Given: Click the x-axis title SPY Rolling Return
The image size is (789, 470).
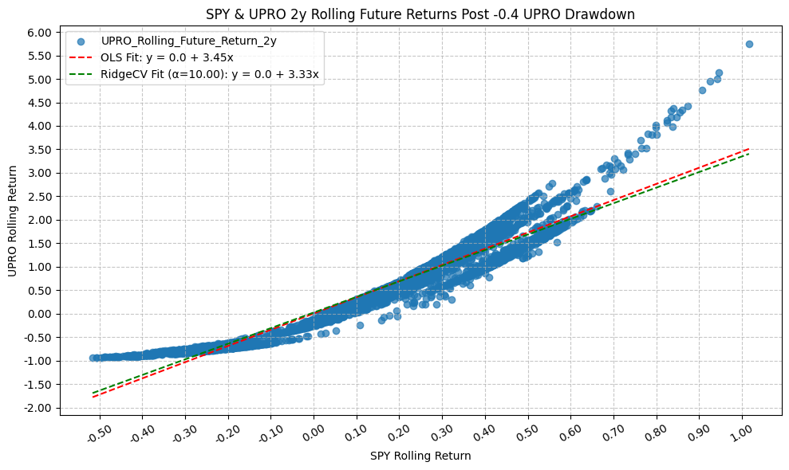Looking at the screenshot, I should click(420, 456).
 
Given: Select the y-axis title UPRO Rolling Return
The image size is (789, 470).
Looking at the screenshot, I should click(12, 221).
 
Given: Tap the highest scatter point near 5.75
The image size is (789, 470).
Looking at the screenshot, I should click(749, 44).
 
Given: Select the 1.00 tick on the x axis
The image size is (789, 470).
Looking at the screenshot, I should click(741, 434).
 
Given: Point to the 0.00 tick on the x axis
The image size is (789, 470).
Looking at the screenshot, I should click(314, 434).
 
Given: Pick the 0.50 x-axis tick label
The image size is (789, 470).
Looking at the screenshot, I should click(527, 434).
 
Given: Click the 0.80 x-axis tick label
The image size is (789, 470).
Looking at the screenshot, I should click(656, 434).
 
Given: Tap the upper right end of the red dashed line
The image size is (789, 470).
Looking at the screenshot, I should click(748, 148).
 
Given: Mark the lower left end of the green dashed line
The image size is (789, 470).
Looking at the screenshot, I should click(93, 392).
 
